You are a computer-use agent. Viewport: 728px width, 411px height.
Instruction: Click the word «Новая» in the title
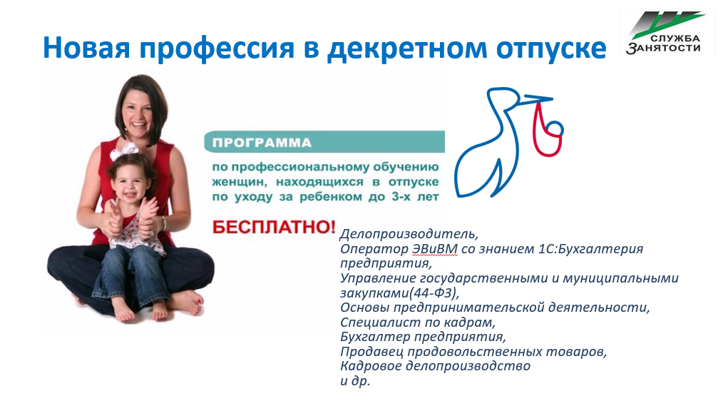[86, 48]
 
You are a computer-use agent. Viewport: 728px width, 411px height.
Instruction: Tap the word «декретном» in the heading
[406, 49]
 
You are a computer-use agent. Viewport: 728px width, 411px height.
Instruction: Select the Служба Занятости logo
[666, 32]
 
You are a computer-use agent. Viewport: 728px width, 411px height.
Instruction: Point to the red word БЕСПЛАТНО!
[274, 227]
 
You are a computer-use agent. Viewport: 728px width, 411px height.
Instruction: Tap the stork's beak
[538, 98]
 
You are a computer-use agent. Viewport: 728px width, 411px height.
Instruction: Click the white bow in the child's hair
[124, 151]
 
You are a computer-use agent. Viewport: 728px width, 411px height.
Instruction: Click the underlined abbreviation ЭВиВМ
[434, 249]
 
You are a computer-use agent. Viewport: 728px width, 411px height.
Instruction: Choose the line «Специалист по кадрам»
[418, 323]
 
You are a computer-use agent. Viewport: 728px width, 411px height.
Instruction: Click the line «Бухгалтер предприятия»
[423, 337]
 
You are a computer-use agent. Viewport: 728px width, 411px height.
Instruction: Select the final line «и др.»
[355, 381]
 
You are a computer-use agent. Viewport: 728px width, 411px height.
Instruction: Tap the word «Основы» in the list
[365, 308]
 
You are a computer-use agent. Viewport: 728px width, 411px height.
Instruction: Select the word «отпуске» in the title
[551, 49]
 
